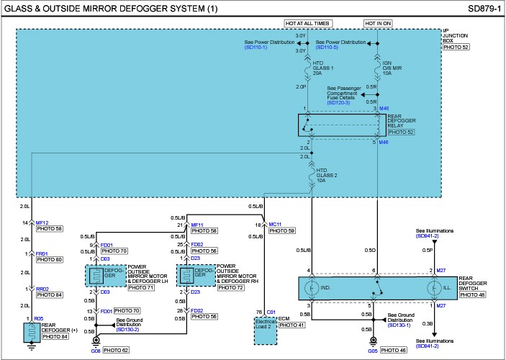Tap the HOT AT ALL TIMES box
308,23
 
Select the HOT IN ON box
378,23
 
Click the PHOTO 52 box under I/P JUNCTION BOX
456,47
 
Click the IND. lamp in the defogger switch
312,287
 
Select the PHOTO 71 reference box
141,287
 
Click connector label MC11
275,224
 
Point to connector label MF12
41,222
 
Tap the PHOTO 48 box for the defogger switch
473,294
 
